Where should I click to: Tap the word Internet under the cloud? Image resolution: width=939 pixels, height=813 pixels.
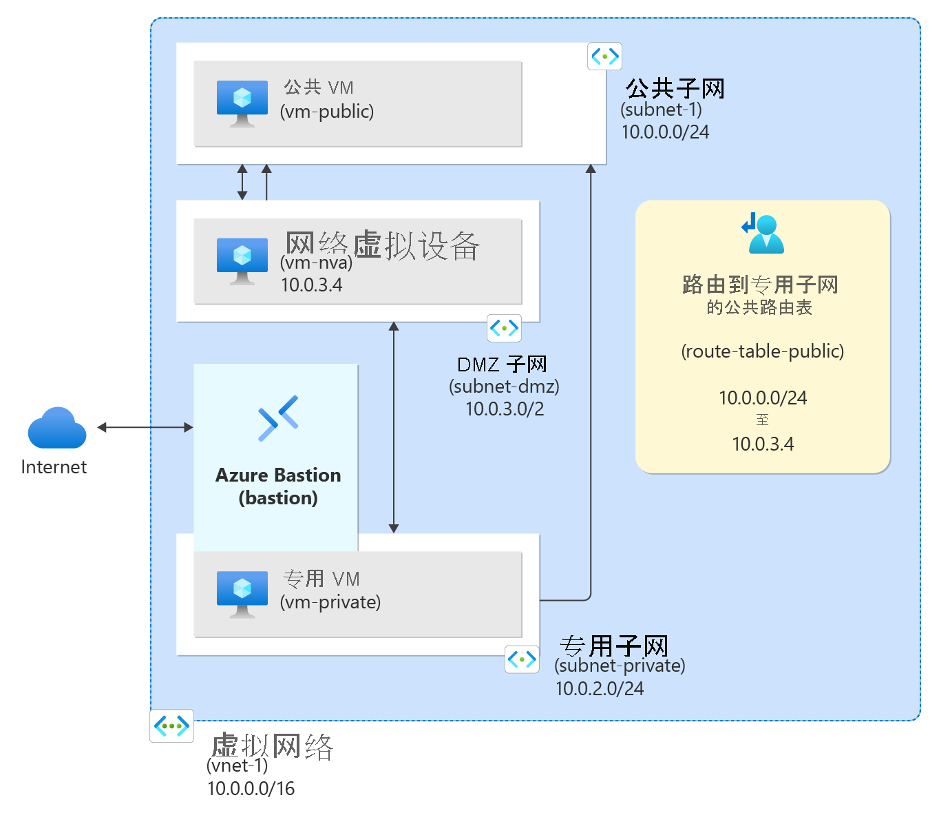pyautogui.click(x=54, y=467)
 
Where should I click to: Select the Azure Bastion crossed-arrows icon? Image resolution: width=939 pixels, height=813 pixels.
pyautogui.click(x=278, y=418)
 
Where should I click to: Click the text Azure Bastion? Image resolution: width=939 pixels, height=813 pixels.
pyautogui.click(x=278, y=475)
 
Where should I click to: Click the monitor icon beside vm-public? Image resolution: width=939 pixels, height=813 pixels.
pyautogui.click(x=242, y=104)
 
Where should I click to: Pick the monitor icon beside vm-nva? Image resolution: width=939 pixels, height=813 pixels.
pyautogui.click(x=242, y=261)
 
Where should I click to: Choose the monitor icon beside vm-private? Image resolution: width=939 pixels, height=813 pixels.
pyautogui.click(x=242, y=595)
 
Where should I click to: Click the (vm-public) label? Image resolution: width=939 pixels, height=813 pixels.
pyautogui.click(x=326, y=112)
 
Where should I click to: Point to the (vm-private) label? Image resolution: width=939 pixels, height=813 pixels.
pyautogui.click(x=330, y=602)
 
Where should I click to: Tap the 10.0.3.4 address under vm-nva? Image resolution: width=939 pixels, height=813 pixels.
pyautogui.click(x=312, y=285)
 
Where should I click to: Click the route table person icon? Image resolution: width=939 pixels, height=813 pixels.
pyautogui.click(x=763, y=234)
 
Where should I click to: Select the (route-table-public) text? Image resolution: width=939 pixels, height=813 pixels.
pyautogui.click(x=762, y=351)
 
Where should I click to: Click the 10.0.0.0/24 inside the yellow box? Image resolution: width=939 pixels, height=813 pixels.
pyautogui.click(x=763, y=398)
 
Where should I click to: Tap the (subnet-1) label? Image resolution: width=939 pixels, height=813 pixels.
pyautogui.click(x=661, y=110)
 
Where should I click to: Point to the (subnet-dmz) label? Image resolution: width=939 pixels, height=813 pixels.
pyautogui.click(x=504, y=387)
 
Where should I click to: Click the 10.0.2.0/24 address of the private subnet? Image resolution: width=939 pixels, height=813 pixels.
pyautogui.click(x=600, y=688)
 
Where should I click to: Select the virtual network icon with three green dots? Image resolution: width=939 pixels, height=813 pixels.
pyautogui.click(x=171, y=725)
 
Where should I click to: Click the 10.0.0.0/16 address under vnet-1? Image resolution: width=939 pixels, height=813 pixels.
pyautogui.click(x=251, y=788)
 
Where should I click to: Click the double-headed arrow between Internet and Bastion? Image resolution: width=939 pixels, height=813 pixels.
pyautogui.click(x=145, y=427)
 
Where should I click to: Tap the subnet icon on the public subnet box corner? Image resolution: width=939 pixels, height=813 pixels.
pyautogui.click(x=604, y=56)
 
